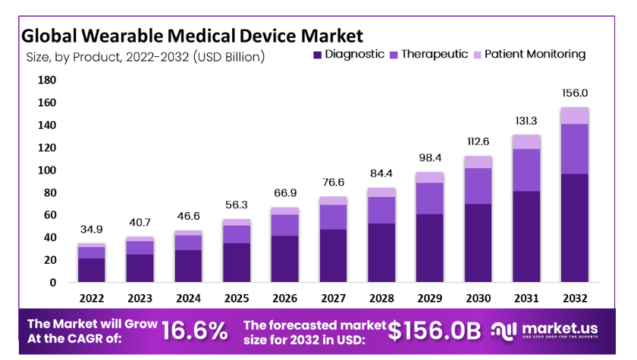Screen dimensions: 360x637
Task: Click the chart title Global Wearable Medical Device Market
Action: [191, 33]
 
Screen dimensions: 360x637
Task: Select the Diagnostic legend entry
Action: [350, 54]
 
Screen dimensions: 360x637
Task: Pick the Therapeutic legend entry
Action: [434, 54]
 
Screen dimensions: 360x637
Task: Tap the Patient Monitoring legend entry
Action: [534, 54]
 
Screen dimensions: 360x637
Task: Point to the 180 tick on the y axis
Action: [46, 80]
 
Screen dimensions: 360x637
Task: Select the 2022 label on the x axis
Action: [92, 297]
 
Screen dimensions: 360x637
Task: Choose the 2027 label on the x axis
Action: [333, 297]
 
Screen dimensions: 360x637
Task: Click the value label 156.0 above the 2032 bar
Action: [573, 91]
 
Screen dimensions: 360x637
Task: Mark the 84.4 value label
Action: [381, 172]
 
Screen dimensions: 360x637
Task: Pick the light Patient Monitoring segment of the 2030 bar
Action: [477, 162]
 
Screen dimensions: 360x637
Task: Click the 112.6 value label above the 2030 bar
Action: [477, 141]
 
